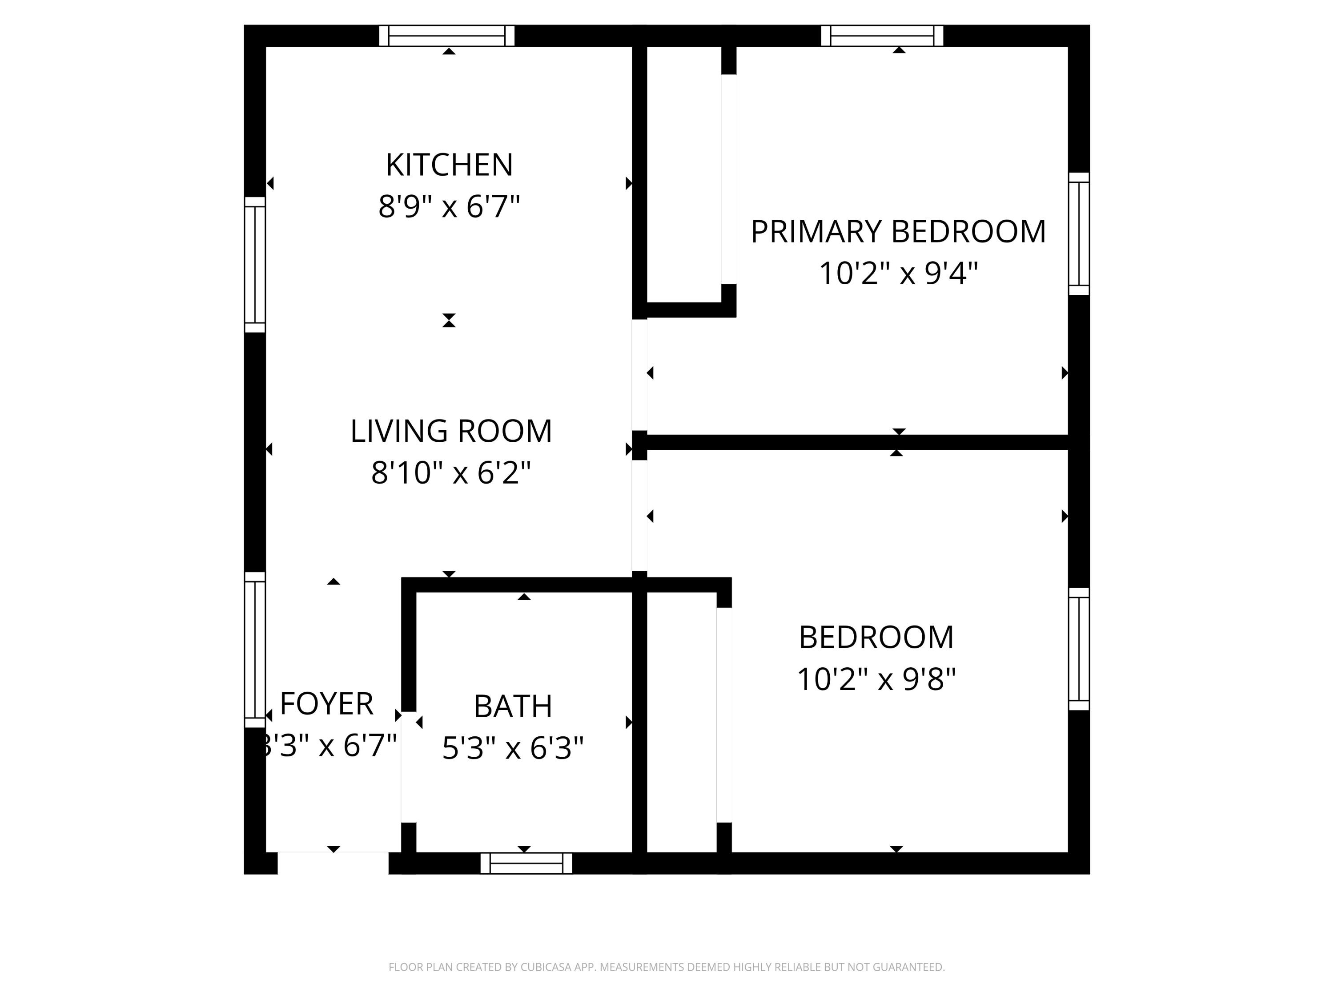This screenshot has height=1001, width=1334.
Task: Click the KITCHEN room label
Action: (449, 165)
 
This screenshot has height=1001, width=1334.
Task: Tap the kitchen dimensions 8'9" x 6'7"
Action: (449, 206)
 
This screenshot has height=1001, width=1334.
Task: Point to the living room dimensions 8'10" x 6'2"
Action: (451, 472)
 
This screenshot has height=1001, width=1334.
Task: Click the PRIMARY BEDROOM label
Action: (898, 232)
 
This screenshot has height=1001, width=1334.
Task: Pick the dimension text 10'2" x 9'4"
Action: (898, 273)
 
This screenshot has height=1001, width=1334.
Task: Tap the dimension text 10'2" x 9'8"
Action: (876, 679)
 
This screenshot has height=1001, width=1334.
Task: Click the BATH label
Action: (513, 706)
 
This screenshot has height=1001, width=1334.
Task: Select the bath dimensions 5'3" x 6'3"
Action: (513, 748)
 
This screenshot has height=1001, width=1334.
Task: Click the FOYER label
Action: (326, 703)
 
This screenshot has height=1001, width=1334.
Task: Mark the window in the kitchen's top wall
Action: (447, 36)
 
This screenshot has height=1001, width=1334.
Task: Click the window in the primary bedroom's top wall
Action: (882, 36)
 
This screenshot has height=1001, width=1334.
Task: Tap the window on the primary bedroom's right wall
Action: (1079, 234)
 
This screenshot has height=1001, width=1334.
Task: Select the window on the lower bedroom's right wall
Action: (1079, 649)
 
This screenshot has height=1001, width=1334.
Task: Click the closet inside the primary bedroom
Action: (684, 175)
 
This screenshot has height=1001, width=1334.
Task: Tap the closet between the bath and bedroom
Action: (682, 721)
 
